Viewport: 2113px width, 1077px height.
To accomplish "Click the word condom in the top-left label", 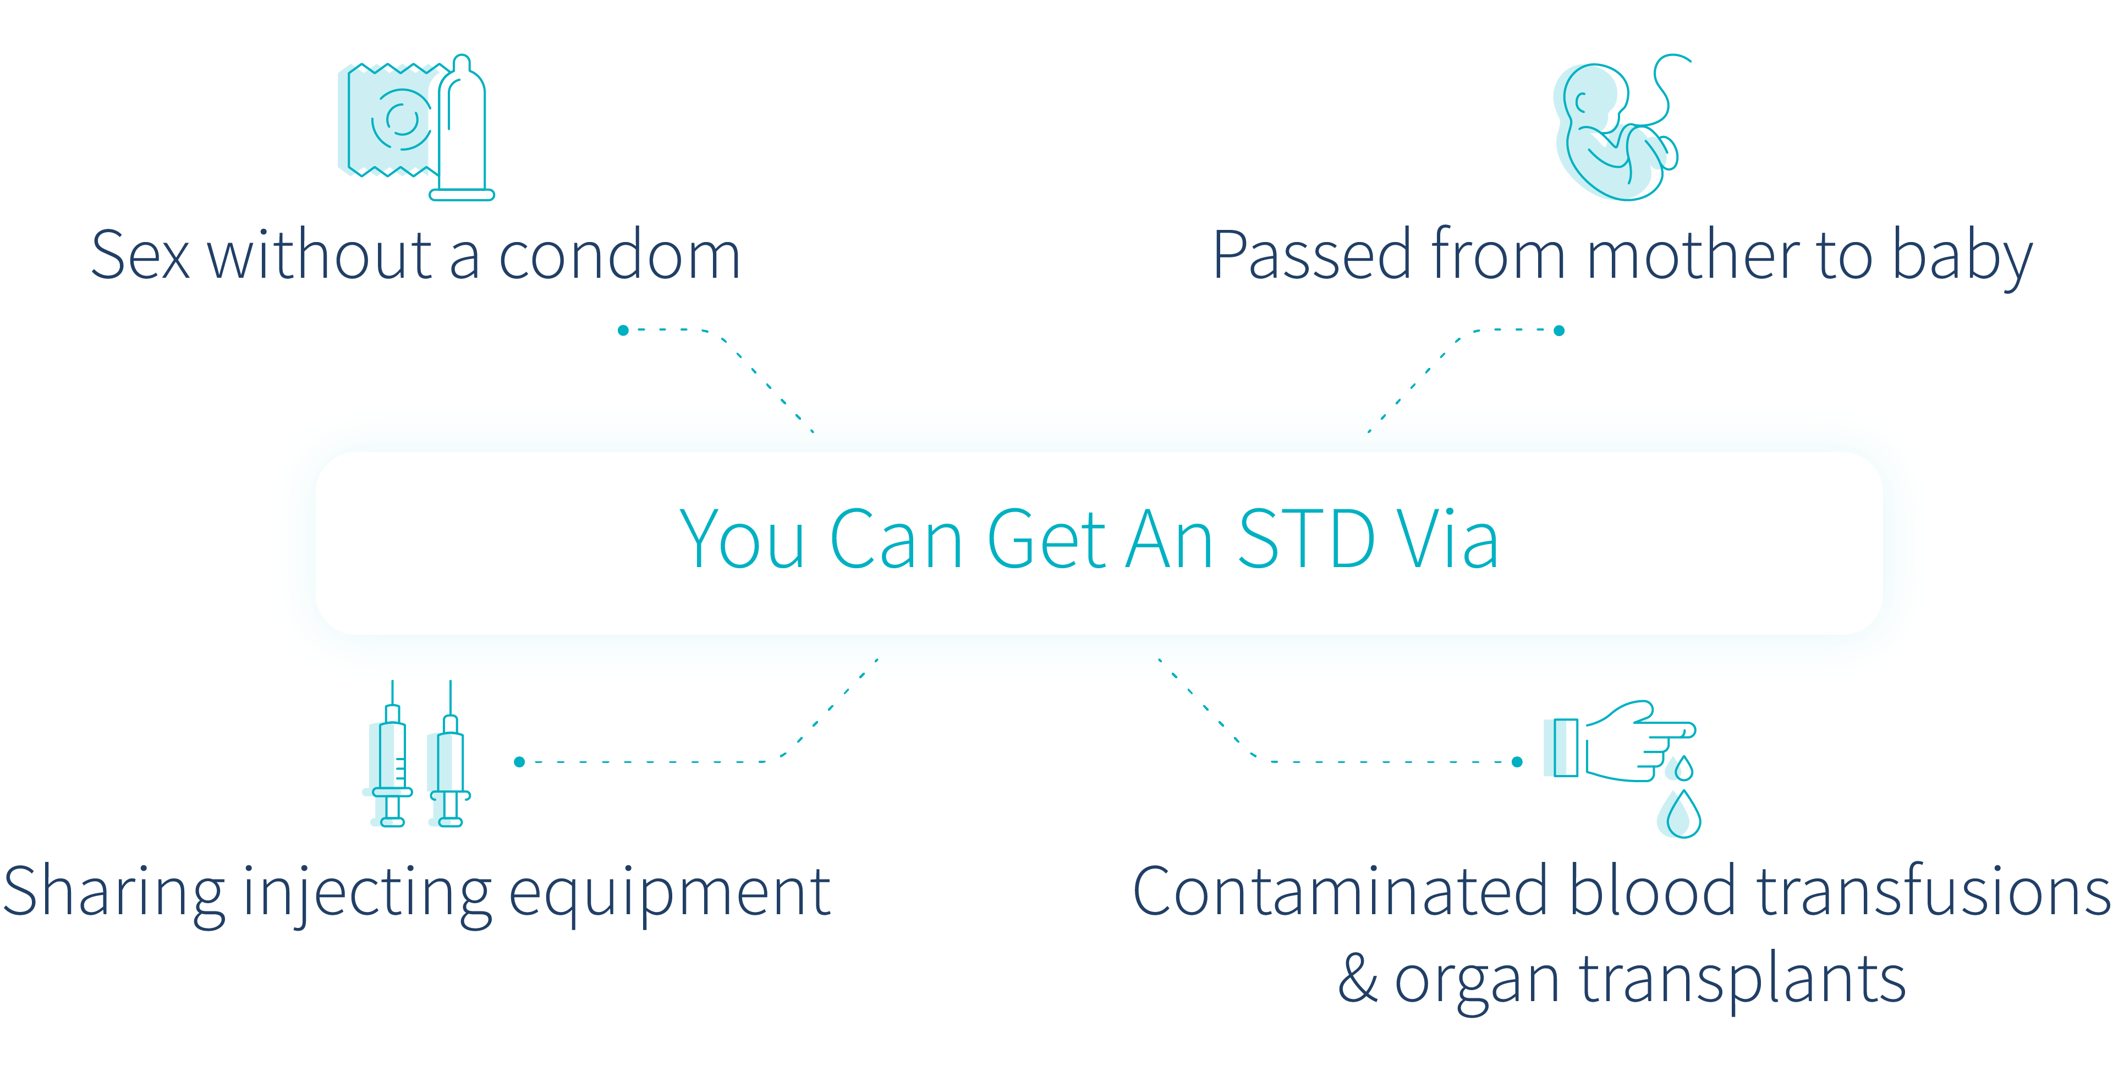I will click(x=619, y=256).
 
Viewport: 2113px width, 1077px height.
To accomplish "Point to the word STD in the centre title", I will click(x=1306, y=539).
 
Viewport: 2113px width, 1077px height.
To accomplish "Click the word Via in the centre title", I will click(x=1448, y=539).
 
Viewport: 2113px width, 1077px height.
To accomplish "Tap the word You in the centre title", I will click(x=742, y=539).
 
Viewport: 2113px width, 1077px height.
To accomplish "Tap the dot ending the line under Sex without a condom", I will click(x=623, y=331).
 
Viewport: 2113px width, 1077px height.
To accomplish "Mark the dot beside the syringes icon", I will click(x=519, y=762).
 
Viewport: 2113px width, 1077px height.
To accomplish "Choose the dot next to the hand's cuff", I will click(x=1517, y=762).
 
